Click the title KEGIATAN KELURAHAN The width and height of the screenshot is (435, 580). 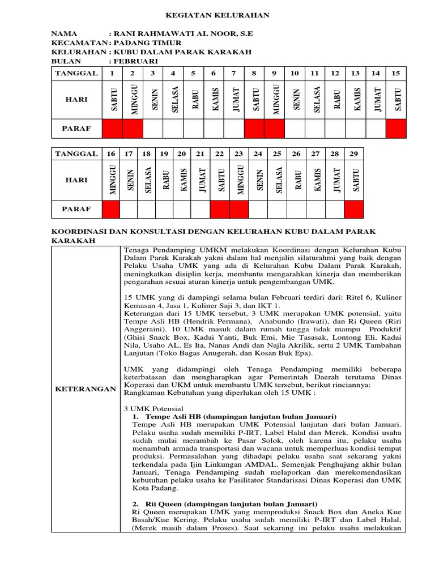click(217, 15)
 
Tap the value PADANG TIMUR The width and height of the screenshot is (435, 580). click(148, 42)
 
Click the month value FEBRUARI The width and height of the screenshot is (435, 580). click(138, 61)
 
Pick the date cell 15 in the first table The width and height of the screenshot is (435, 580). click(396, 73)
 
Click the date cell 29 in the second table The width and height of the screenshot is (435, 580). click(355, 153)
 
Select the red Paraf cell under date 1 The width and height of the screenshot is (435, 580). click(112, 129)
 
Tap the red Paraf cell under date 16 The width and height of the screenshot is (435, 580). click(112, 209)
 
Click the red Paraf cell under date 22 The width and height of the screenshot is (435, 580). click(220, 209)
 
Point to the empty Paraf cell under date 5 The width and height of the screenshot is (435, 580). click(193, 129)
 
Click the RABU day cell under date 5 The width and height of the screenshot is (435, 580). click(193, 100)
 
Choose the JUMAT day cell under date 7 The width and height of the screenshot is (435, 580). click(234, 100)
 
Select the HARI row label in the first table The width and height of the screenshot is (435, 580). click(76, 100)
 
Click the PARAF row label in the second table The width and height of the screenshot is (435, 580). click(76, 209)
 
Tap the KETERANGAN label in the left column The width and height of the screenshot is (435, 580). click(86, 389)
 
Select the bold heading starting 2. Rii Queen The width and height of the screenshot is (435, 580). click(224, 504)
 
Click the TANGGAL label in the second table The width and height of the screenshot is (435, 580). click(76, 153)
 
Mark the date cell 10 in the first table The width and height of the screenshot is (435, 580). click(295, 73)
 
